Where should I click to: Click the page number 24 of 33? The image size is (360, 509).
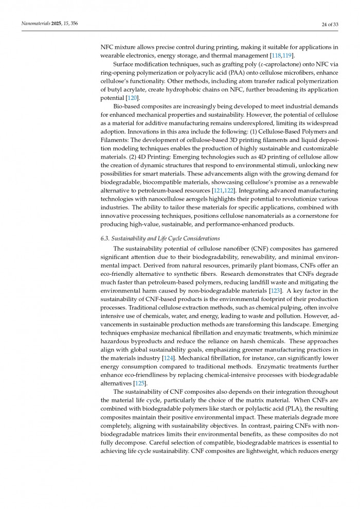click(327, 24)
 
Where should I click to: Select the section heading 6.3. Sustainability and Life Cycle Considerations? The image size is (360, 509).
click(160, 238)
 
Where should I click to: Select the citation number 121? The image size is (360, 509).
click(219, 190)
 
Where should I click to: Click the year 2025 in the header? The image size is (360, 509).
click(55, 24)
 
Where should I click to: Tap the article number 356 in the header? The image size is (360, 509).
click(74, 24)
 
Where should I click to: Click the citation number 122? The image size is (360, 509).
click(229, 190)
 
